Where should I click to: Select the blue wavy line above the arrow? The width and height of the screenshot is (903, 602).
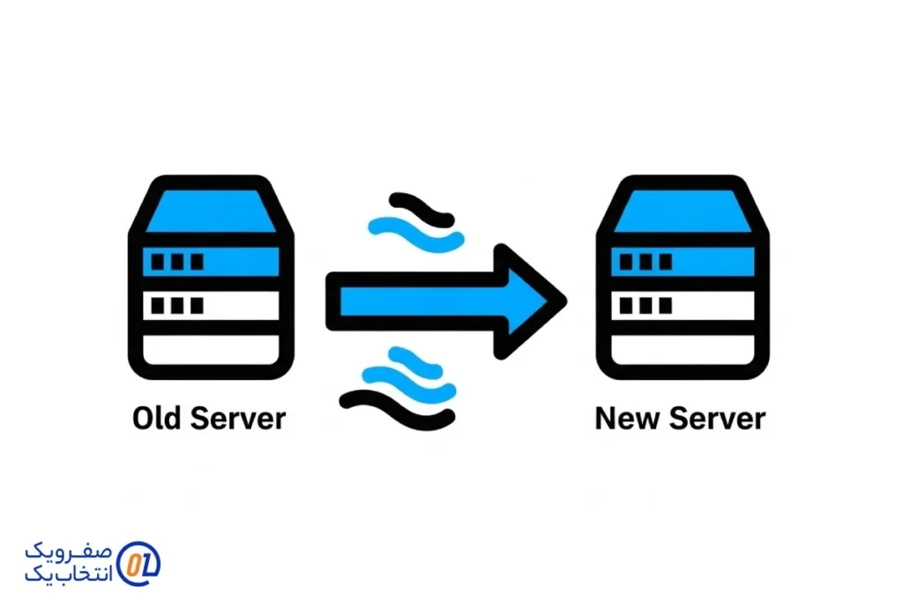point(414,231)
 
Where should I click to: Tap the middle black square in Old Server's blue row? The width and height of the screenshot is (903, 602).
point(177,262)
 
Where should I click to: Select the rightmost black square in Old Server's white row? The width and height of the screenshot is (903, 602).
point(196,306)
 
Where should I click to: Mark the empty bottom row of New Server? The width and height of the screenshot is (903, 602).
point(680,351)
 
